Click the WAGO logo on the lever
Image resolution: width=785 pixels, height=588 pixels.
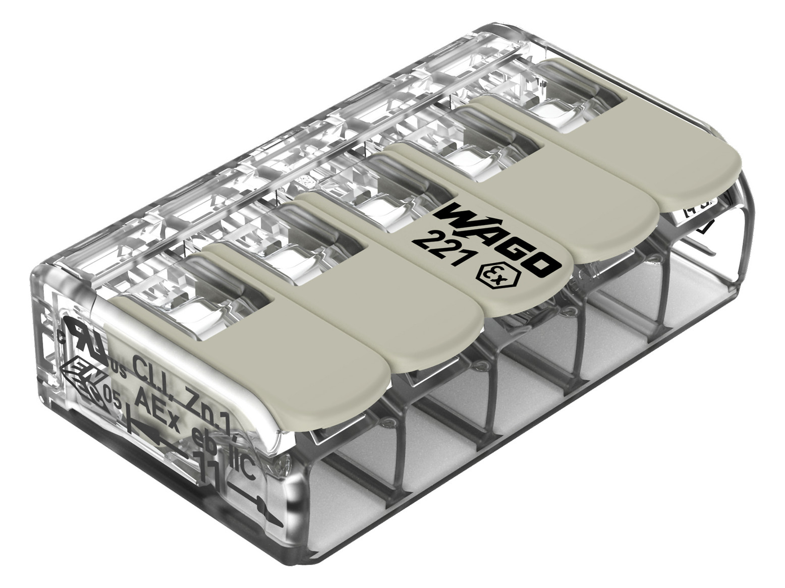497,237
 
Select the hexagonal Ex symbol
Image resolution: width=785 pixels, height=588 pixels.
491,275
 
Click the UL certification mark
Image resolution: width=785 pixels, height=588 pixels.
85,339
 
